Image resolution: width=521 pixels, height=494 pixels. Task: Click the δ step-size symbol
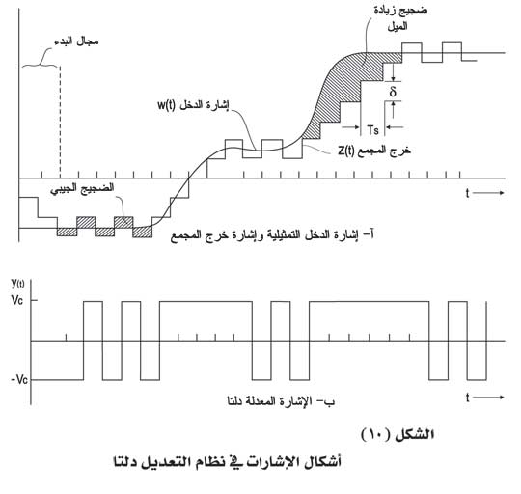[x=393, y=91]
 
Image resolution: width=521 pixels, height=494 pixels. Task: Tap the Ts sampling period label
[x=372, y=130]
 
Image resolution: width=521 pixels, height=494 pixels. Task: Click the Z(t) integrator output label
[x=346, y=151]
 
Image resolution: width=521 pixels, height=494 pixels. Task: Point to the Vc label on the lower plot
[x=17, y=300]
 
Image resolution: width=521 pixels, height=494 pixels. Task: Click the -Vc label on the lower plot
[x=19, y=379]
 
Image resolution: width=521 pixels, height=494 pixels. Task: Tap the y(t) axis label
[x=17, y=284]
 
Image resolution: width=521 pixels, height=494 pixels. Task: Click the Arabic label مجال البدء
[x=77, y=41]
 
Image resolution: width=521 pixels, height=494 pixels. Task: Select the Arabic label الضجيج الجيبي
[x=82, y=189]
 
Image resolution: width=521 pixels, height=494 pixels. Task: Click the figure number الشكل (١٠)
[x=398, y=434]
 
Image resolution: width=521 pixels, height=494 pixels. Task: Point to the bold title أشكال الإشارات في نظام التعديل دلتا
[x=228, y=462]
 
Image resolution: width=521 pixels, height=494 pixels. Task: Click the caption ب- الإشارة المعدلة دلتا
[x=281, y=401]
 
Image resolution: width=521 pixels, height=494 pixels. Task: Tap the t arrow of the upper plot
[x=485, y=193]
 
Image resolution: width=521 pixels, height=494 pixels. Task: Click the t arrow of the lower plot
[x=485, y=397]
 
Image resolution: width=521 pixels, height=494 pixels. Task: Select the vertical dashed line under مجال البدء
[x=60, y=122]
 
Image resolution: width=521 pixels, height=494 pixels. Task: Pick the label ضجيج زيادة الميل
[x=400, y=18]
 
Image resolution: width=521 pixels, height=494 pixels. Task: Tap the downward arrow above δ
[x=393, y=72]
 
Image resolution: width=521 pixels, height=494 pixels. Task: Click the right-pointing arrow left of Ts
[x=351, y=127]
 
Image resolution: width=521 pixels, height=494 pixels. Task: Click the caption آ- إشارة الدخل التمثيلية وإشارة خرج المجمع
[x=272, y=235]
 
